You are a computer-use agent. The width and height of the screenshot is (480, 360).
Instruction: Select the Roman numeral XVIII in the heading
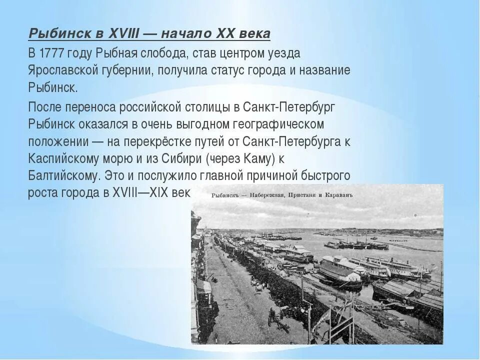122,34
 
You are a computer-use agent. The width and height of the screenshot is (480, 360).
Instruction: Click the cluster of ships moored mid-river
355,244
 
